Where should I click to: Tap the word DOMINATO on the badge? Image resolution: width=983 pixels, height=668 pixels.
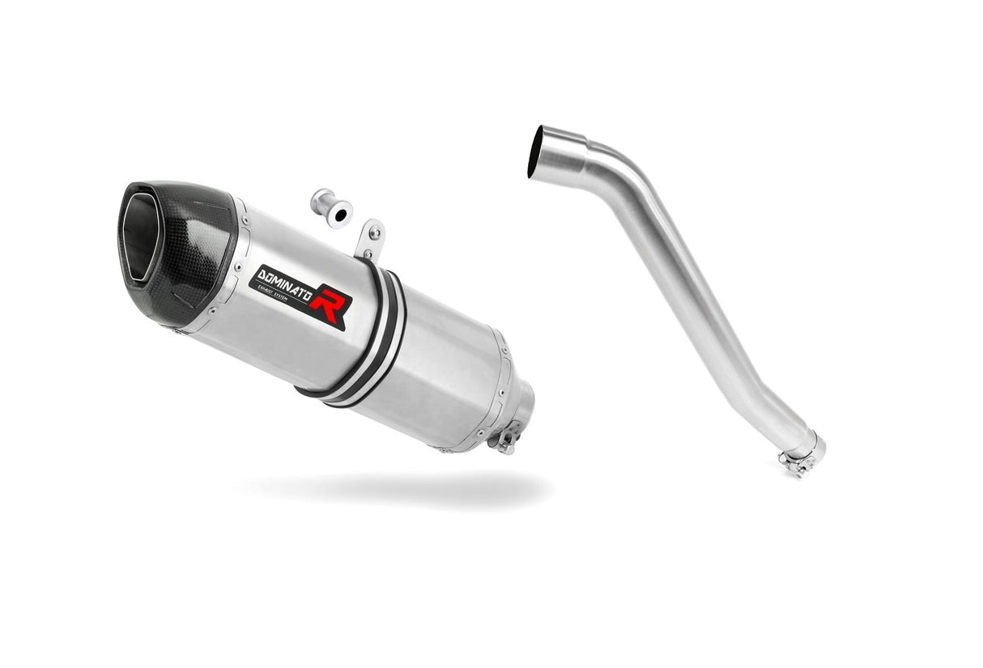[287, 281]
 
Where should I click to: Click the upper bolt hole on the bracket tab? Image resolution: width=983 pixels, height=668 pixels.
[373, 232]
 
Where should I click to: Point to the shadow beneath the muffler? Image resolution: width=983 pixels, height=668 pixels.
[389, 486]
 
